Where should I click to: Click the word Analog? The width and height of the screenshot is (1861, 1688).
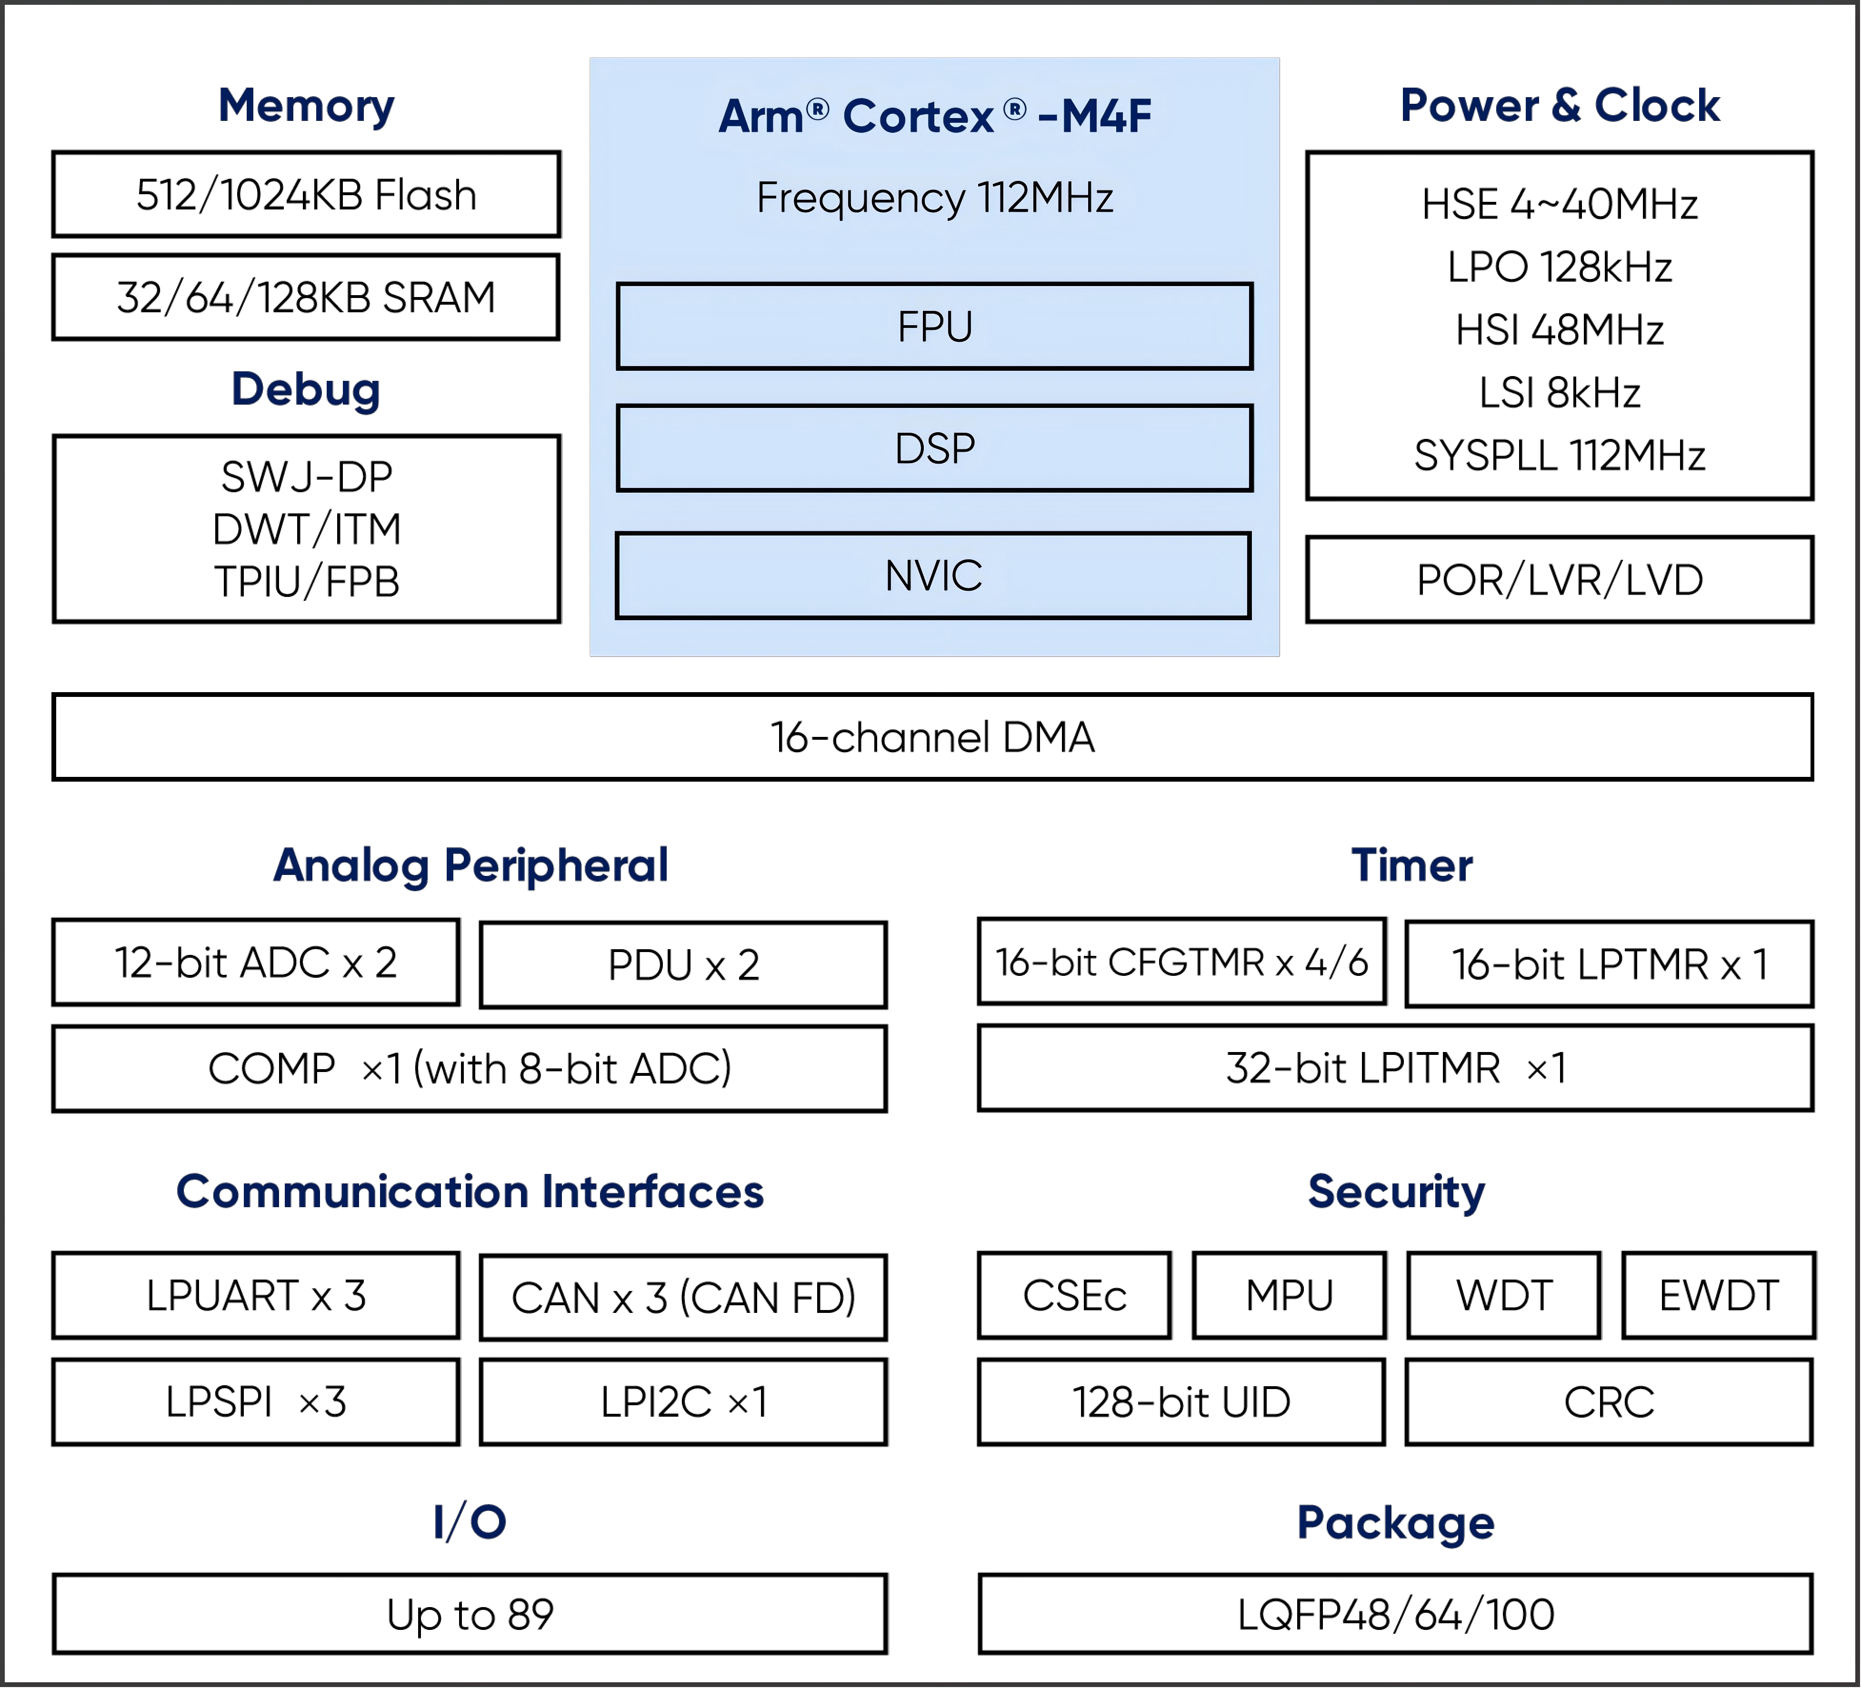pyautogui.click(x=351, y=866)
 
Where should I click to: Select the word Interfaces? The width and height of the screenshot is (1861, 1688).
pyautogui.click(x=653, y=1192)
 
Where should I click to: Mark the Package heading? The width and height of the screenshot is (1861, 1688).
pyautogui.click(x=1395, y=1523)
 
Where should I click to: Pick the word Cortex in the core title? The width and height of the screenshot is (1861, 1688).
pyautogui.click(x=919, y=117)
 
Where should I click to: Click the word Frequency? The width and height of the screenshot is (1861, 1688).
pyautogui.click(x=861, y=199)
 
